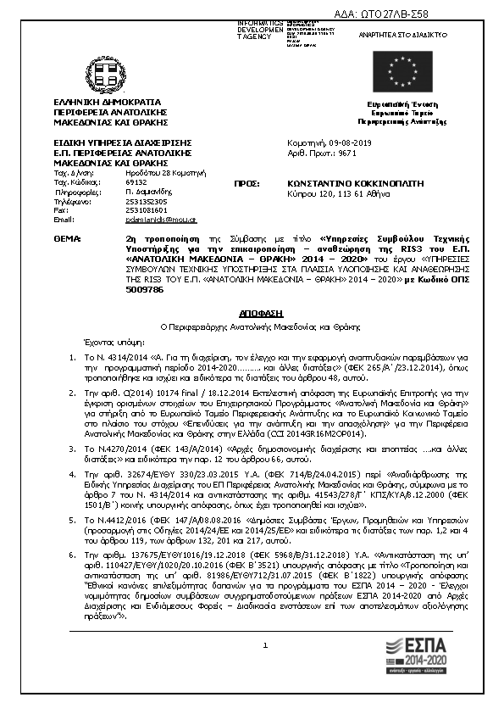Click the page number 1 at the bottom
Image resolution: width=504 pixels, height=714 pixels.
pos(265,693)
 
